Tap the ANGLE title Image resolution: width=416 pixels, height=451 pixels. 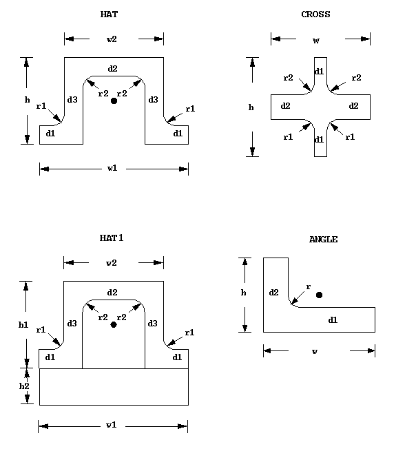[322, 239]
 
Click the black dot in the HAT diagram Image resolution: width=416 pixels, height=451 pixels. [114, 101]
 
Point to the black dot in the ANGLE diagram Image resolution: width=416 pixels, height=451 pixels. [319, 295]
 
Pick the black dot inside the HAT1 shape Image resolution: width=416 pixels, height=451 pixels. [114, 324]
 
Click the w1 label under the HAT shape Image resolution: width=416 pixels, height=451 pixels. [112, 168]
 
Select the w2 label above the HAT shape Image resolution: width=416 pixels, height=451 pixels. [112, 39]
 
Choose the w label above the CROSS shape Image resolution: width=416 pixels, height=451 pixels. [316, 40]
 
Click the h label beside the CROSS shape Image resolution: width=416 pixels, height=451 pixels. [251, 107]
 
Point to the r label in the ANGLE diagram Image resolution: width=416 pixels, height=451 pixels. [307, 286]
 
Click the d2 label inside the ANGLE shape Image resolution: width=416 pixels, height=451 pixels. [273, 293]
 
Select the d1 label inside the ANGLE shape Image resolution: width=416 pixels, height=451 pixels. [333, 319]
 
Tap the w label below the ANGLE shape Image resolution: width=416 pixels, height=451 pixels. [315, 351]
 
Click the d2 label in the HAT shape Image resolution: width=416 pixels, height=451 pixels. [113, 68]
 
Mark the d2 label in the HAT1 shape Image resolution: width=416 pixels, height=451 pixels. [113, 293]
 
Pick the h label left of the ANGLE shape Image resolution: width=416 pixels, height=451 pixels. [244, 293]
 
